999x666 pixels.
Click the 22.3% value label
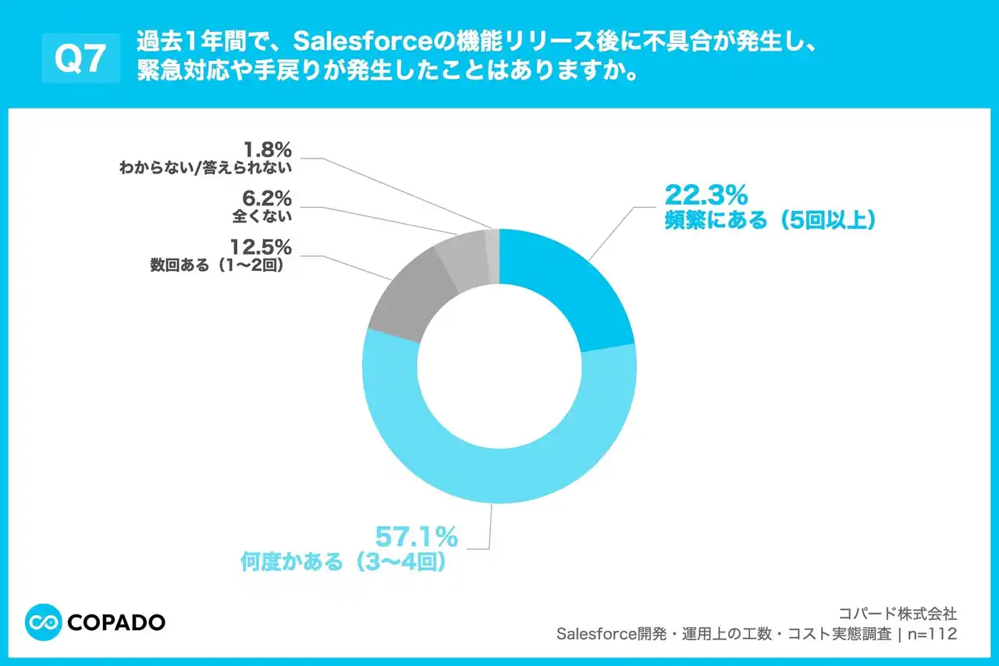(706, 194)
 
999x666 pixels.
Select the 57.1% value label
(416, 537)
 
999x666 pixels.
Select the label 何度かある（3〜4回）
(343, 562)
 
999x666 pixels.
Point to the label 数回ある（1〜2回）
(221, 266)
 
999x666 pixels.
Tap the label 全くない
(261, 217)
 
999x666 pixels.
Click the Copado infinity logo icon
(44, 622)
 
